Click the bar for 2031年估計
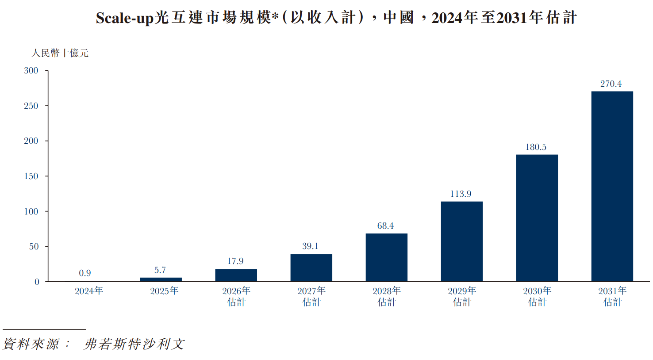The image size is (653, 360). click(x=612, y=186)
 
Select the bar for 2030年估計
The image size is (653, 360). click(x=537, y=218)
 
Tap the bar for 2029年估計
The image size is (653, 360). click(x=461, y=241)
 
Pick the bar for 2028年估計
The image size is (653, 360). click(x=386, y=257)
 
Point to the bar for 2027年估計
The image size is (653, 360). click(x=311, y=268)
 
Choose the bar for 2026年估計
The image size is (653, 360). click(x=236, y=275)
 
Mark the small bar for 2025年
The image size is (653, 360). click(x=161, y=280)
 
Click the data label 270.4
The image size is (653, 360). click(x=611, y=84)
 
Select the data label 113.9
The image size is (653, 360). click(x=461, y=194)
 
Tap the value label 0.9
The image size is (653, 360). click(x=85, y=273)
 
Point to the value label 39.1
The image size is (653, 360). click(x=310, y=246)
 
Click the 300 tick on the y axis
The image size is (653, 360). click(x=31, y=71)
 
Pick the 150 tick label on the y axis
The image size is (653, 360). click(x=31, y=176)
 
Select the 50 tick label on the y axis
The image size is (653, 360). click(x=34, y=246)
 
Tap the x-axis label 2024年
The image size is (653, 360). click(x=89, y=291)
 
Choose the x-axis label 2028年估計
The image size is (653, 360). click(x=386, y=296)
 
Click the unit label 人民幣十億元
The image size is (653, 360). click(x=60, y=53)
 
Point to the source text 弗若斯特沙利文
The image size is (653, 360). click(x=134, y=344)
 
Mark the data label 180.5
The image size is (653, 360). click(x=536, y=147)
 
